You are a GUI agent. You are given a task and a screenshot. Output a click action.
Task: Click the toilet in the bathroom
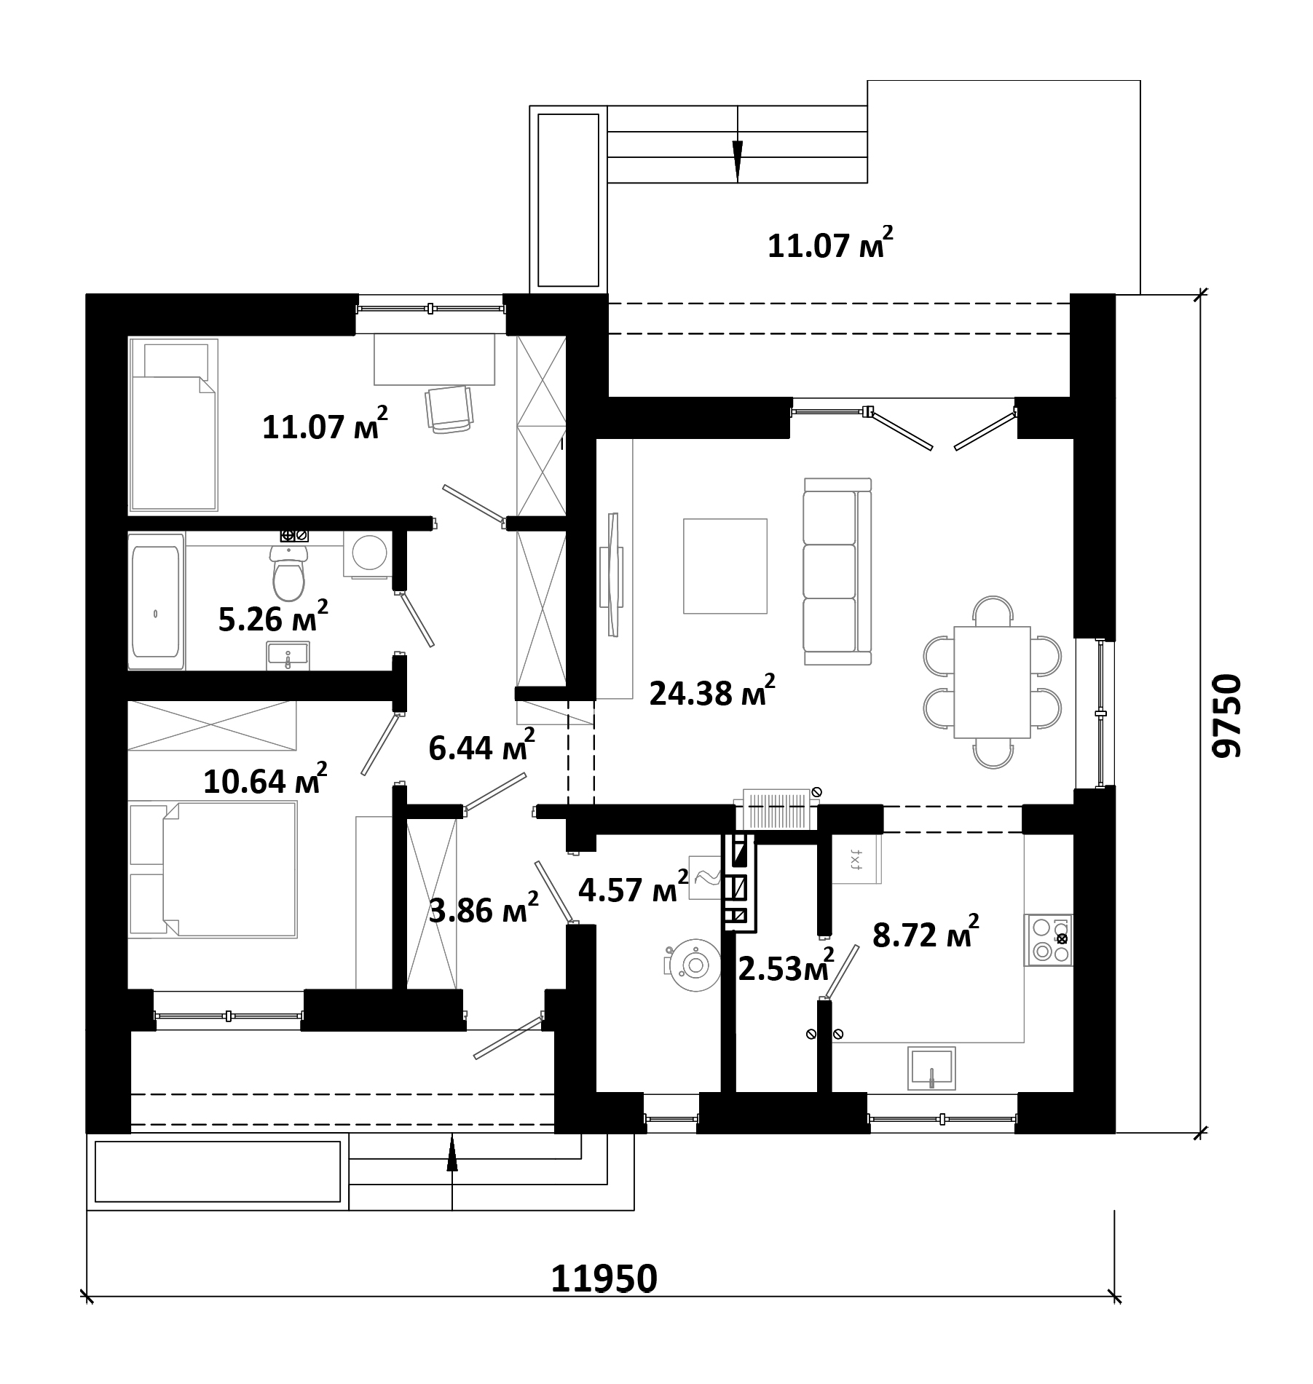point(289,572)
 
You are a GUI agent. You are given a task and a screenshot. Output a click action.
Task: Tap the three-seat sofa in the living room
point(837,571)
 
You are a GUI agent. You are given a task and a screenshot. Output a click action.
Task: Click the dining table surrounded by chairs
point(992,682)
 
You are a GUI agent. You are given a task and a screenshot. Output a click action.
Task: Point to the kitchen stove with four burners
point(1049,940)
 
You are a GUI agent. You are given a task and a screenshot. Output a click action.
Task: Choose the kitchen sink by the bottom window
point(931,1069)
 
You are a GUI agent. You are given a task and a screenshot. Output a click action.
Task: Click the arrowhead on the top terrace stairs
point(737,161)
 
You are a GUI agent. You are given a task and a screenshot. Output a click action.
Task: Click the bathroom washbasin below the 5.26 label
point(288,655)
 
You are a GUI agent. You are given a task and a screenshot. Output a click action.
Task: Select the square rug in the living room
point(725,566)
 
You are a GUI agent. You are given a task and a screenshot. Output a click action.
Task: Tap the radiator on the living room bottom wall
point(777,809)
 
